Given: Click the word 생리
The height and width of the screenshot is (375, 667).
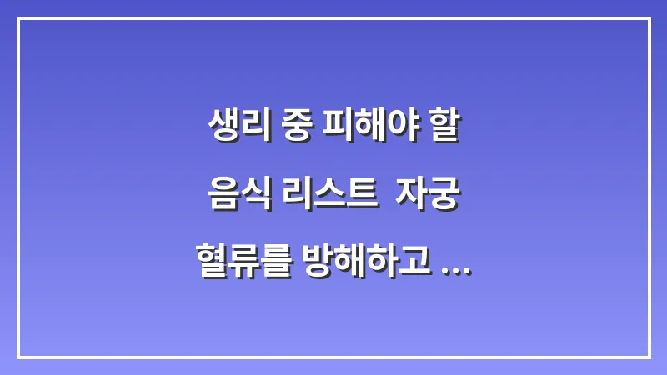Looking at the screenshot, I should (x=234, y=127).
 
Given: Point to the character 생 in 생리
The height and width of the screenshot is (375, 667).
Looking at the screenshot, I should (x=221, y=127).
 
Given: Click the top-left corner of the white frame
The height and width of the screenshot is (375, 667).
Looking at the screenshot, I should (x=18, y=18).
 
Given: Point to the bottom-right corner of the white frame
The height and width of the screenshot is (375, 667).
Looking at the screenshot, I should (x=649, y=357).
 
